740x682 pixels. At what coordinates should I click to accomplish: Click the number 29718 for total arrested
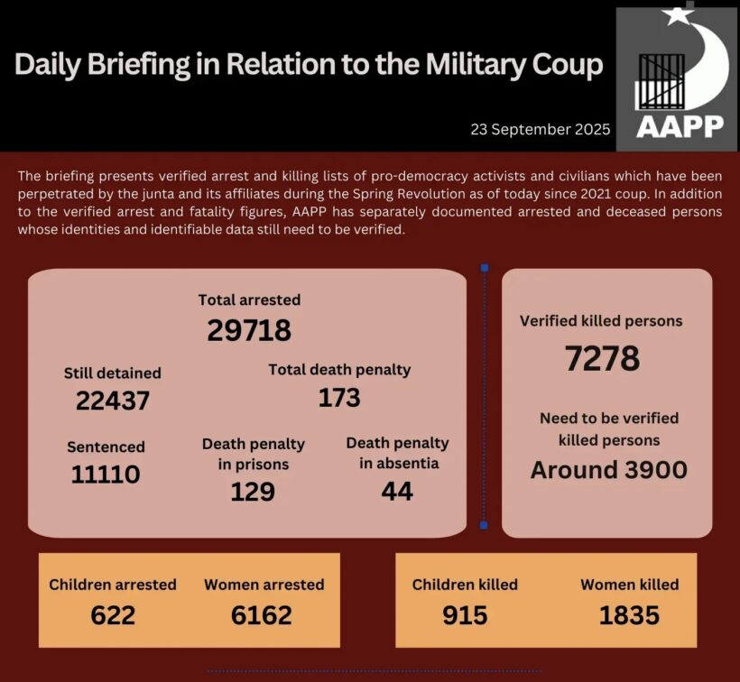pyautogui.click(x=249, y=331)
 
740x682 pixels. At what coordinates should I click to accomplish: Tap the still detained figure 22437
pyautogui.click(x=112, y=401)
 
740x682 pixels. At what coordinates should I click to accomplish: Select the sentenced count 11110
pyautogui.click(x=106, y=474)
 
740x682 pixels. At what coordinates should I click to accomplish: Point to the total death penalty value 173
pyautogui.click(x=339, y=397)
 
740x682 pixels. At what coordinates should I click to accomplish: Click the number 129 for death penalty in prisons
pyautogui.click(x=253, y=491)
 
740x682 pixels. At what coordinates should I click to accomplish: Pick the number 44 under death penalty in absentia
pyautogui.click(x=397, y=491)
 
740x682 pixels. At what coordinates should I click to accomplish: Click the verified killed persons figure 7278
pyautogui.click(x=602, y=358)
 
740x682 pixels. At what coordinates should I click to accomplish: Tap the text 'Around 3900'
pyautogui.click(x=609, y=469)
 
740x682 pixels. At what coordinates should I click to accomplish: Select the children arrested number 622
pyautogui.click(x=113, y=615)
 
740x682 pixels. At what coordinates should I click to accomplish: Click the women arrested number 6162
pyautogui.click(x=261, y=615)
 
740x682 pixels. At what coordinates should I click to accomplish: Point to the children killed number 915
pyautogui.click(x=465, y=615)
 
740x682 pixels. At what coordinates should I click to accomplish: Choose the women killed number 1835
pyautogui.click(x=629, y=615)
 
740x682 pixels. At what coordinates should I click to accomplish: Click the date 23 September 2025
pyautogui.click(x=540, y=129)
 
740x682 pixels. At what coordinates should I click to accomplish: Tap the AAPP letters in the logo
pyautogui.click(x=680, y=125)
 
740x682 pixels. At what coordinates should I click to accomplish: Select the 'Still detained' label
pyautogui.click(x=112, y=373)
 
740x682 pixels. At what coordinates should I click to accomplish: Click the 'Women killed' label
pyautogui.click(x=629, y=585)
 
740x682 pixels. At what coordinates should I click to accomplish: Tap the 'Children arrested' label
pyautogui.click(x=113, y=585)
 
